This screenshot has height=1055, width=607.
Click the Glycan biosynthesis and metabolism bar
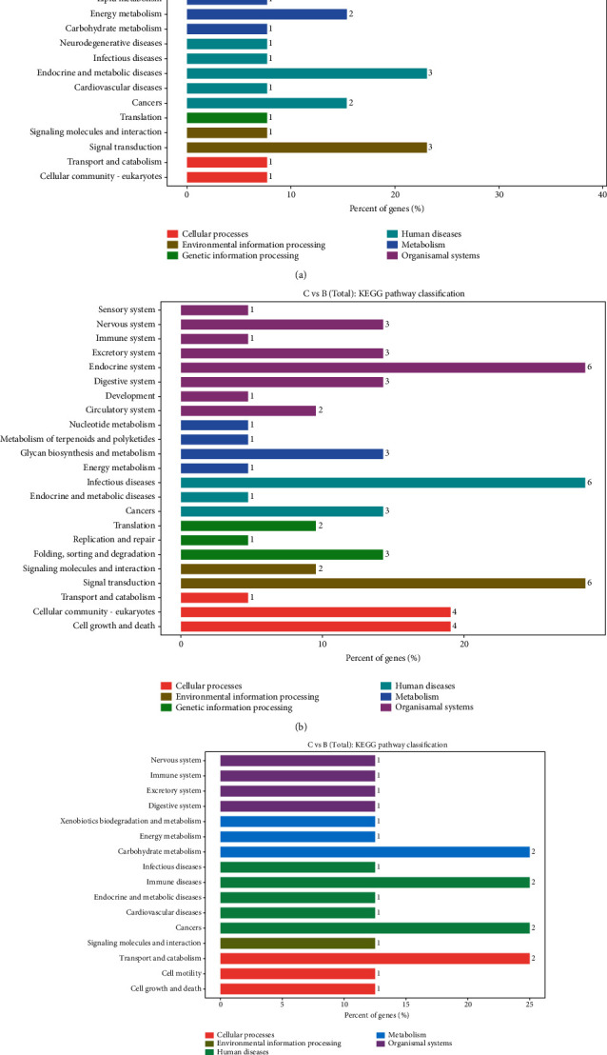click(x=282, y=453)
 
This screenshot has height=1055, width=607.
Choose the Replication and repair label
click(x=121, y=539)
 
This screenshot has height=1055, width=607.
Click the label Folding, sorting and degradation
click(x=110, y=553)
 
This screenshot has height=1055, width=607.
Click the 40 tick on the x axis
click(x=603, y=196)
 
